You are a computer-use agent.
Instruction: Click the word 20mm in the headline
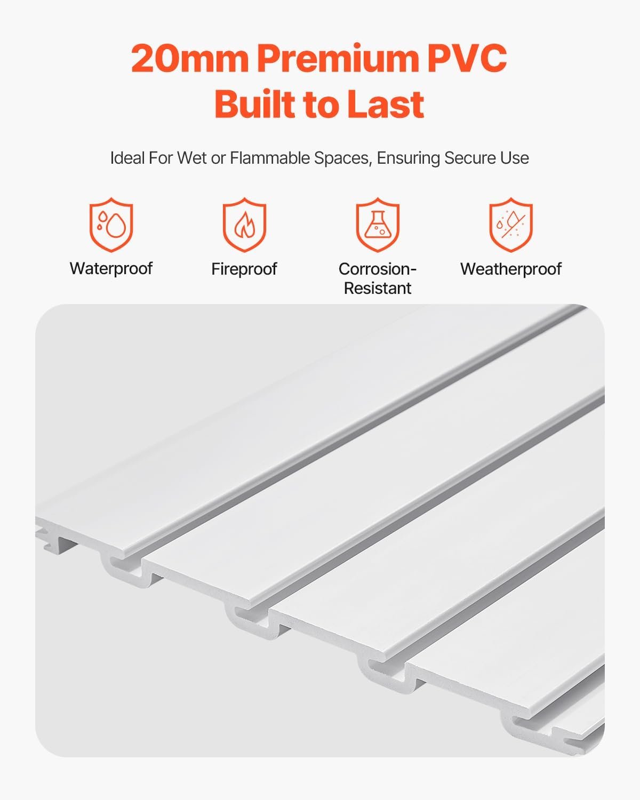coord(190,58)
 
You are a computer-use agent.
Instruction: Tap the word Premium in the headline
coord(338,58)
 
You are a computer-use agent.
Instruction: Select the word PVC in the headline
coord(467,58)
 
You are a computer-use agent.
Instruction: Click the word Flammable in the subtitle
coord(270,158)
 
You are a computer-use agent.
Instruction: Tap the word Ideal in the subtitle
coord(127,158)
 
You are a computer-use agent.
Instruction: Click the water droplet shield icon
coord(111,225)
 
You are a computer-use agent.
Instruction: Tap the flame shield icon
coord(244,225)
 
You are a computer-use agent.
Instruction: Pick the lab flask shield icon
coord(378,225)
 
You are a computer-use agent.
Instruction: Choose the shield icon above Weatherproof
coord(510,225)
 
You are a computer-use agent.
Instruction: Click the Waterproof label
coord(111,269)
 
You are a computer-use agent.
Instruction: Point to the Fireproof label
coord(244,269)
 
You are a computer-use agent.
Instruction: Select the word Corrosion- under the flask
coord(378,269)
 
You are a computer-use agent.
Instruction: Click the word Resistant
coord(378,288)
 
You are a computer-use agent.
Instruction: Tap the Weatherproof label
coord(511,269)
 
